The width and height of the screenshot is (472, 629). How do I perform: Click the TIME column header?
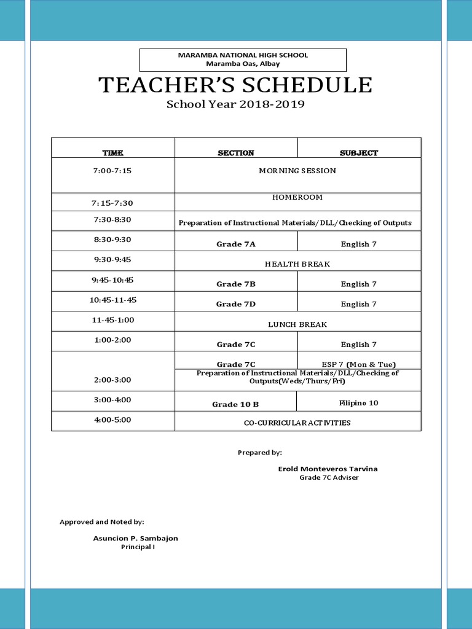[x=113, y=153]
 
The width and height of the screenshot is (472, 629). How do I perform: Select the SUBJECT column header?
[x=359, y=153]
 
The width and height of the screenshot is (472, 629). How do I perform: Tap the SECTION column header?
[x=236, y=153]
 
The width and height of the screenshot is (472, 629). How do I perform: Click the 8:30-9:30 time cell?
[x=113, y=240]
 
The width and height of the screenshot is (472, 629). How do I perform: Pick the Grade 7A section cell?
[x=236, y=244]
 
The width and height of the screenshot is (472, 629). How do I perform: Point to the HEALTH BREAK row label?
[x=297, y=264]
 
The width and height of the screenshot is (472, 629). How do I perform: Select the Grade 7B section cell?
[x=236, y=284]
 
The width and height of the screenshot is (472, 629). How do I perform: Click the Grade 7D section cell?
[x=236, y=304]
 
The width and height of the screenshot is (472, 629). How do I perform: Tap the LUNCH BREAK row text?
[x=297, y=324]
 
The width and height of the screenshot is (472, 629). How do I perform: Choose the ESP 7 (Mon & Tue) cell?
[x=359, y=364]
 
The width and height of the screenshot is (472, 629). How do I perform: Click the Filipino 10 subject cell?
[x=359, y=403]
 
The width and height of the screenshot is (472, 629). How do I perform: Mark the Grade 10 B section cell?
[x=235, y=404]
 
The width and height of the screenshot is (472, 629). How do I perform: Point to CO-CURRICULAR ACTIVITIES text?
[x=297, y=423]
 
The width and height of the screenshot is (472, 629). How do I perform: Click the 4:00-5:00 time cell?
[x=113, y=420]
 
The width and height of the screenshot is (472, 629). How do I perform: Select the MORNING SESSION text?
[x=297, y=171]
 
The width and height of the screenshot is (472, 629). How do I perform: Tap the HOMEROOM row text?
[x=297, y=197]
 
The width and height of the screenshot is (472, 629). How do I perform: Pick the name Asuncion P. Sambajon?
[x=135, y=538]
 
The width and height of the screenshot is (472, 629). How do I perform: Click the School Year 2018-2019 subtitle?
[x=236, y=104]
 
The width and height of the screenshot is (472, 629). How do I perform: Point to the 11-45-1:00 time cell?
[x=113, y=320]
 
